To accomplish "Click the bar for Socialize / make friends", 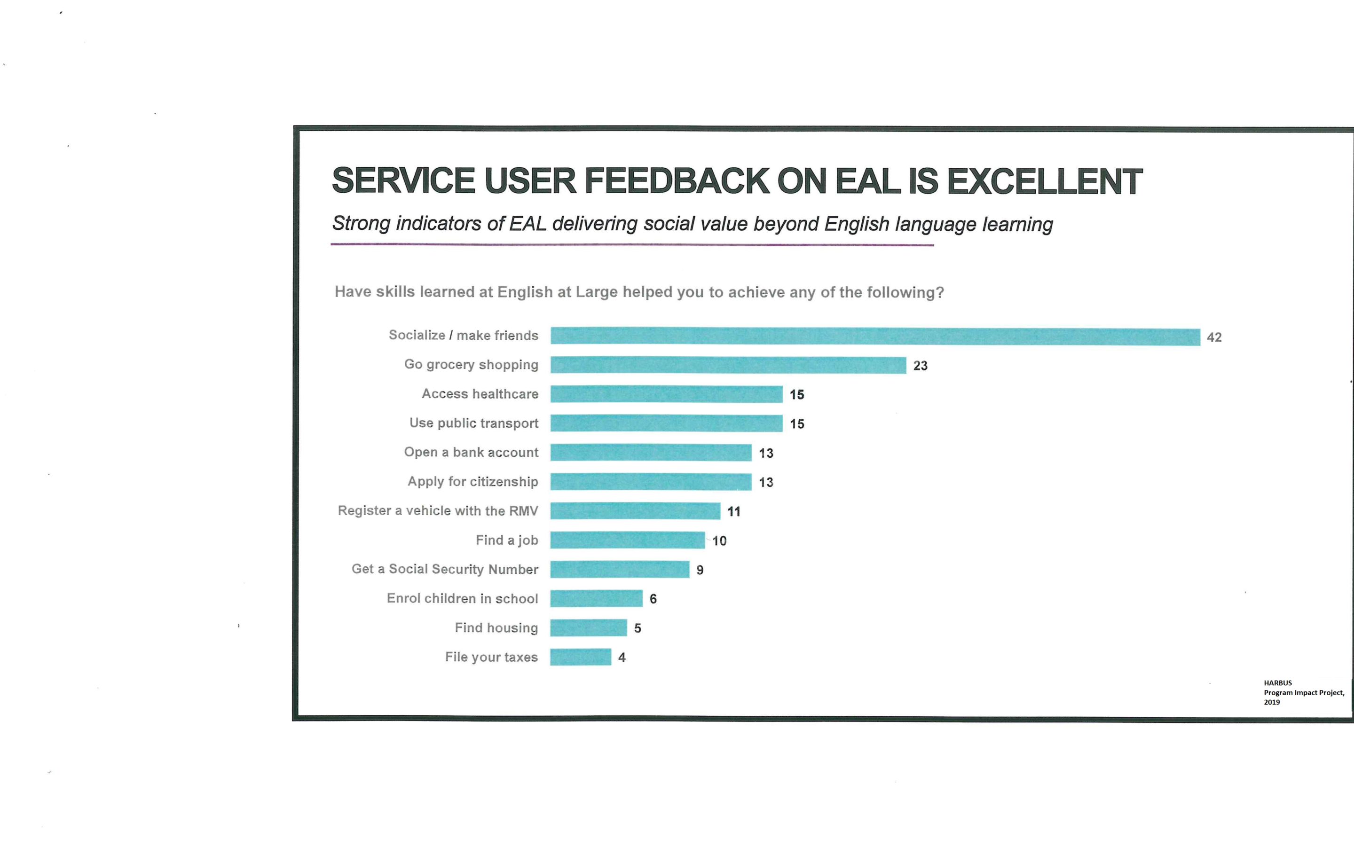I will pos(875,336).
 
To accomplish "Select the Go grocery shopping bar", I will pos(728,365).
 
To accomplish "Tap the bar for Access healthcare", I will pos(666,394).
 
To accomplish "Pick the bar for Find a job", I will pos(627,540).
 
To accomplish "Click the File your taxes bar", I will pos(580,657).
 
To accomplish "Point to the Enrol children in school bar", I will pos(596,599).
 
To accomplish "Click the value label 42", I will pos(1214,337).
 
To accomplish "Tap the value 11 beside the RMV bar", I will pos(733,512).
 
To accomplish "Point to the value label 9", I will pos(700,570).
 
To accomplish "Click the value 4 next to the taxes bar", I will pos(622,658).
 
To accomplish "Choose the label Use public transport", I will pos(474,423).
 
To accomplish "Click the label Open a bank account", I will pos(471,453).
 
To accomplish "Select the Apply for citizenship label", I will pos(473,482).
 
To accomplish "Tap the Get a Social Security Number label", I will pos(445,570).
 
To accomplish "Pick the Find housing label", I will pos(496,628).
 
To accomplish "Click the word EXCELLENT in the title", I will pos(1044,181).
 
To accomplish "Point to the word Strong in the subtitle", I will pos(362,223).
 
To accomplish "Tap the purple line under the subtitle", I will pos(632,244).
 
